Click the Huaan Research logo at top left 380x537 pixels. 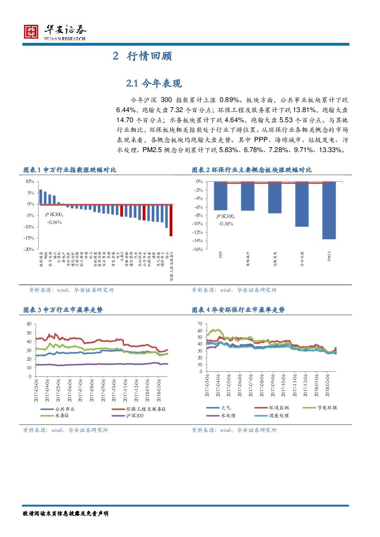pos(54,32)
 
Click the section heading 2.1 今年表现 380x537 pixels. pos(154,83)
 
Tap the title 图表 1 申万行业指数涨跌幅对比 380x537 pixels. pos(70,170)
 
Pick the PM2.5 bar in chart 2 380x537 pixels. pos(329,210)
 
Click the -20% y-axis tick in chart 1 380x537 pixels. pos(29,249)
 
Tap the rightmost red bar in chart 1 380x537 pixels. pos(171,220)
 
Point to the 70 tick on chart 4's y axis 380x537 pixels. pos(199,324)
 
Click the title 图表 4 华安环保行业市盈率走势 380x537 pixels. pos(238,310)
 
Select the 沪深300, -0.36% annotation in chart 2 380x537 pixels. pos(226,220)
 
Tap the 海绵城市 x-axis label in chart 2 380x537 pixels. pos(248,259)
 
